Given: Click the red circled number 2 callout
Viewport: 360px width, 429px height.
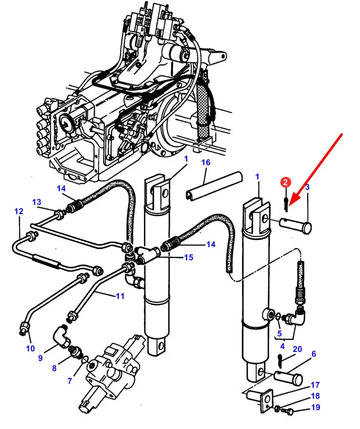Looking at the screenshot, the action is pos(285,182).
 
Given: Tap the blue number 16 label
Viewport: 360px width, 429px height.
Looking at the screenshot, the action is pos(205,162).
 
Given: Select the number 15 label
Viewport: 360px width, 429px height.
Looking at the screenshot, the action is pos(188,257).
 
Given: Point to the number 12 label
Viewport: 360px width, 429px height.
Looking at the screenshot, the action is pos(19,211).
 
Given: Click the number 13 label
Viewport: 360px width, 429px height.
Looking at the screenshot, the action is pos(37,202).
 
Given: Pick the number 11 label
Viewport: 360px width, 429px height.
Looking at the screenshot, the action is pos(120,296).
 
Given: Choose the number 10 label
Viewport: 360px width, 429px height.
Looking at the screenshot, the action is pos(30,348).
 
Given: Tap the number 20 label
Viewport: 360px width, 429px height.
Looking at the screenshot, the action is pos(297,349).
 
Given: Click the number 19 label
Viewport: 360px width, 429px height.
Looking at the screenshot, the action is pos(316,407).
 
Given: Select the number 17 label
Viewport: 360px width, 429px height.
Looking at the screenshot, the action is pos(316,385).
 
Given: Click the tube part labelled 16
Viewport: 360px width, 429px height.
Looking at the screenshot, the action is pos(214,186).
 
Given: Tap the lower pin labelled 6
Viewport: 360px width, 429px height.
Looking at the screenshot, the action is pos(288,377).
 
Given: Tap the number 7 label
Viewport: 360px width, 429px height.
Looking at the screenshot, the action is pos(70,381).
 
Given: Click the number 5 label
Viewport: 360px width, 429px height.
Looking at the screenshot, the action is pos(279,333).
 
